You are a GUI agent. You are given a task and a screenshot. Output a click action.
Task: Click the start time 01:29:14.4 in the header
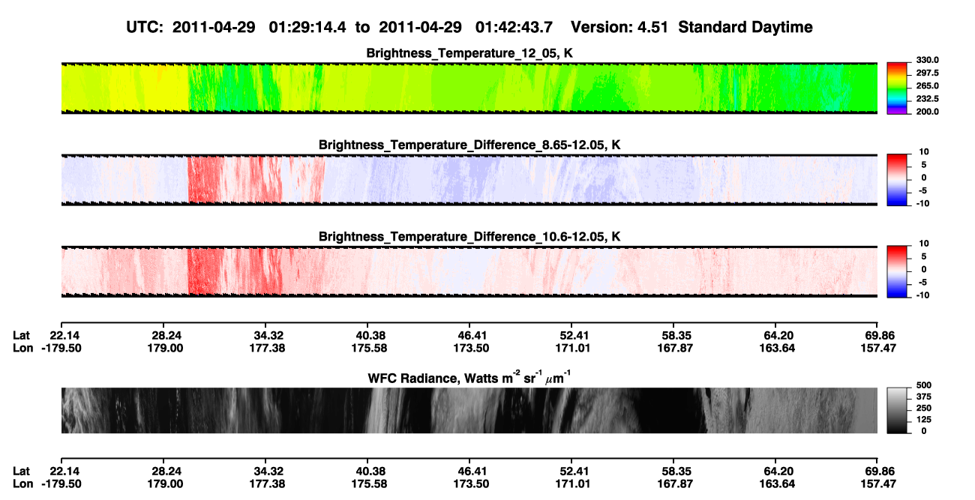(x=307, y=28)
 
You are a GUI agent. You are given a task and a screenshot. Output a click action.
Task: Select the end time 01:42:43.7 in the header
(x=514, y=28)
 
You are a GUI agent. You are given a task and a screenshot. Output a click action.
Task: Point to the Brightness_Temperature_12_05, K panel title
(x=469, y=53)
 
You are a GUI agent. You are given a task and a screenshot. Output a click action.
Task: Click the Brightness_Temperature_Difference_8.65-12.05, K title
(x=469, y=145)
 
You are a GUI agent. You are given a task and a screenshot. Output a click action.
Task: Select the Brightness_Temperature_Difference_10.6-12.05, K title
(x=469, y=237)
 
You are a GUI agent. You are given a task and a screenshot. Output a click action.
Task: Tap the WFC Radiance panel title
(x=469, y=378)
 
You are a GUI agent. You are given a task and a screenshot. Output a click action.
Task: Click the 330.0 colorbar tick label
(x=927, y=60)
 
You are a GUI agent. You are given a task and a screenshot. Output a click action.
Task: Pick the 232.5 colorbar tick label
(x=927, y=99)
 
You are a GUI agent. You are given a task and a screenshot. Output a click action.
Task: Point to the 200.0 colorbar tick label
(x=927, y=112)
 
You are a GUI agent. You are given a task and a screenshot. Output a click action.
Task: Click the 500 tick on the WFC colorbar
(x=924, y=385)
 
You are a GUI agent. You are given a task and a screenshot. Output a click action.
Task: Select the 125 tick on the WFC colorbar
(x=924, y=420)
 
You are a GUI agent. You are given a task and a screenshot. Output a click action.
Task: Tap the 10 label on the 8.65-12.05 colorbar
(x=924, y=152)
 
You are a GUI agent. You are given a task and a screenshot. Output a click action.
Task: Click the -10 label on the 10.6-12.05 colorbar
(x=922, y=295)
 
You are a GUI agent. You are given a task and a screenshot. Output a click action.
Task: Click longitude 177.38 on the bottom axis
(x=267, y=484)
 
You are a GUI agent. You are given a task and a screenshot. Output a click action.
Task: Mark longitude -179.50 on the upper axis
(x=61, y=348)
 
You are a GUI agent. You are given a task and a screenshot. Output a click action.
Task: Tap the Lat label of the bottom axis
(x=21, y=472)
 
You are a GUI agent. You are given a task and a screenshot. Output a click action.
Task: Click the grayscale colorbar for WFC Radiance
(x=897, y=410)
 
